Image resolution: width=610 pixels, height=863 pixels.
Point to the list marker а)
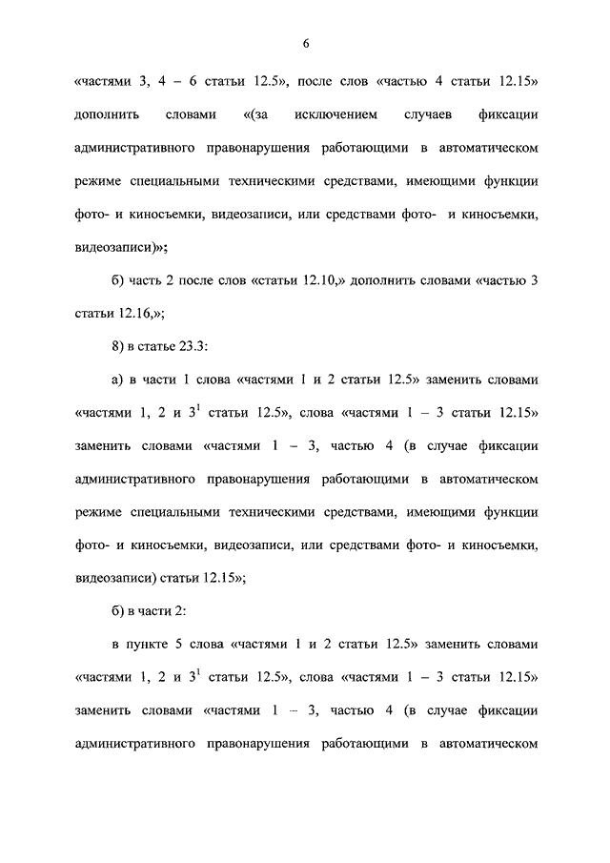(119, 380)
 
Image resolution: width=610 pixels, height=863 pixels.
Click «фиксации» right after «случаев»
(512, 115)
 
